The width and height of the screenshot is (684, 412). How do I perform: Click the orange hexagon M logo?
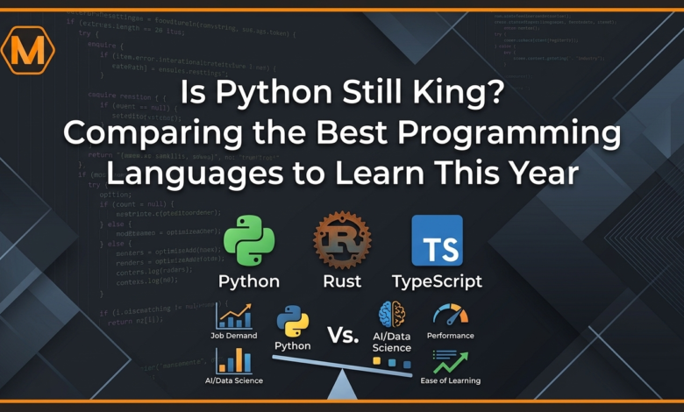click(27, 50)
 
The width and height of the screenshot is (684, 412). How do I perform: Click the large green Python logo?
click(249, 241)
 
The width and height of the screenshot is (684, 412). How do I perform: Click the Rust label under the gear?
click(342, 282)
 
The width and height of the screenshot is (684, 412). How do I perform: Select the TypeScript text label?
click(437, 282)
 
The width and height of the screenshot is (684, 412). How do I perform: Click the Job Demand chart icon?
click(233, 316)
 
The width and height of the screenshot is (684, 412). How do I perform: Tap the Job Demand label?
click(233, 336)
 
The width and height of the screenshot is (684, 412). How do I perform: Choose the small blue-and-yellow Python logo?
click(292, 322)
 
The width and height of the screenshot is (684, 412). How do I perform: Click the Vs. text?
click(345, 335)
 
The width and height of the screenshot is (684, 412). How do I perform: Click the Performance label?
click(450, 336)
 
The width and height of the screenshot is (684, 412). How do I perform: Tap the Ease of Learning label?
click(450, 380)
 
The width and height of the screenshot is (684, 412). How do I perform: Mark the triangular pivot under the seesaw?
click(342, 386)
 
